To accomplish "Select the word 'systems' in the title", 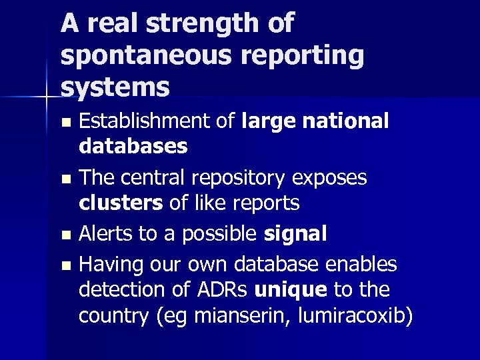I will coord(115,86).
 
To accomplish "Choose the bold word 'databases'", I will coord(133,146).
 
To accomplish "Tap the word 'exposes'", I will coord(333,177).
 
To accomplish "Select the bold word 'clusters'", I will coord(120,203).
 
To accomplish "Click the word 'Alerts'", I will coord(104,233).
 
